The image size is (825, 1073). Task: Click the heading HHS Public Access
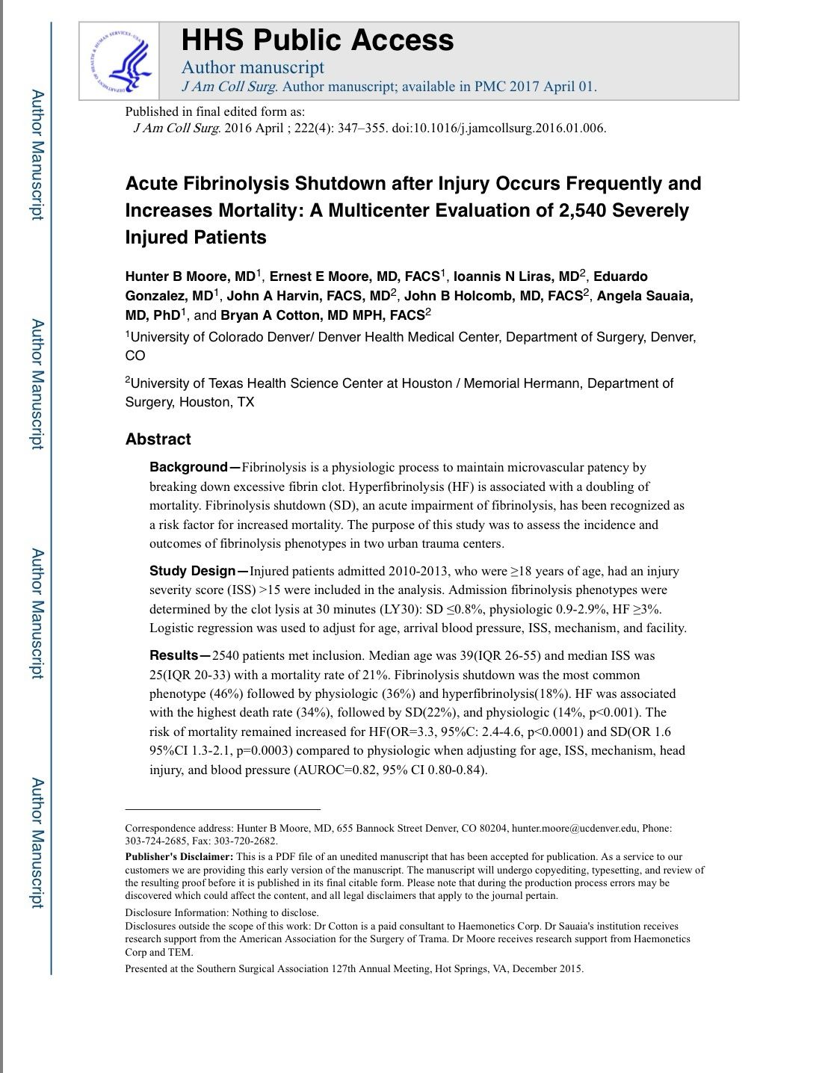point(318,40)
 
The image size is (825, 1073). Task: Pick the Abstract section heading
point(158,439)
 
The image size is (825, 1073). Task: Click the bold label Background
point(188,468)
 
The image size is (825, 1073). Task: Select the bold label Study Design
point(193,572)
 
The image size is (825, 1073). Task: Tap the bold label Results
point(174,656)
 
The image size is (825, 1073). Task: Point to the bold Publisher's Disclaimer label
point(179,857)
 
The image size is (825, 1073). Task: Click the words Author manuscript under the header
point(253,67)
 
